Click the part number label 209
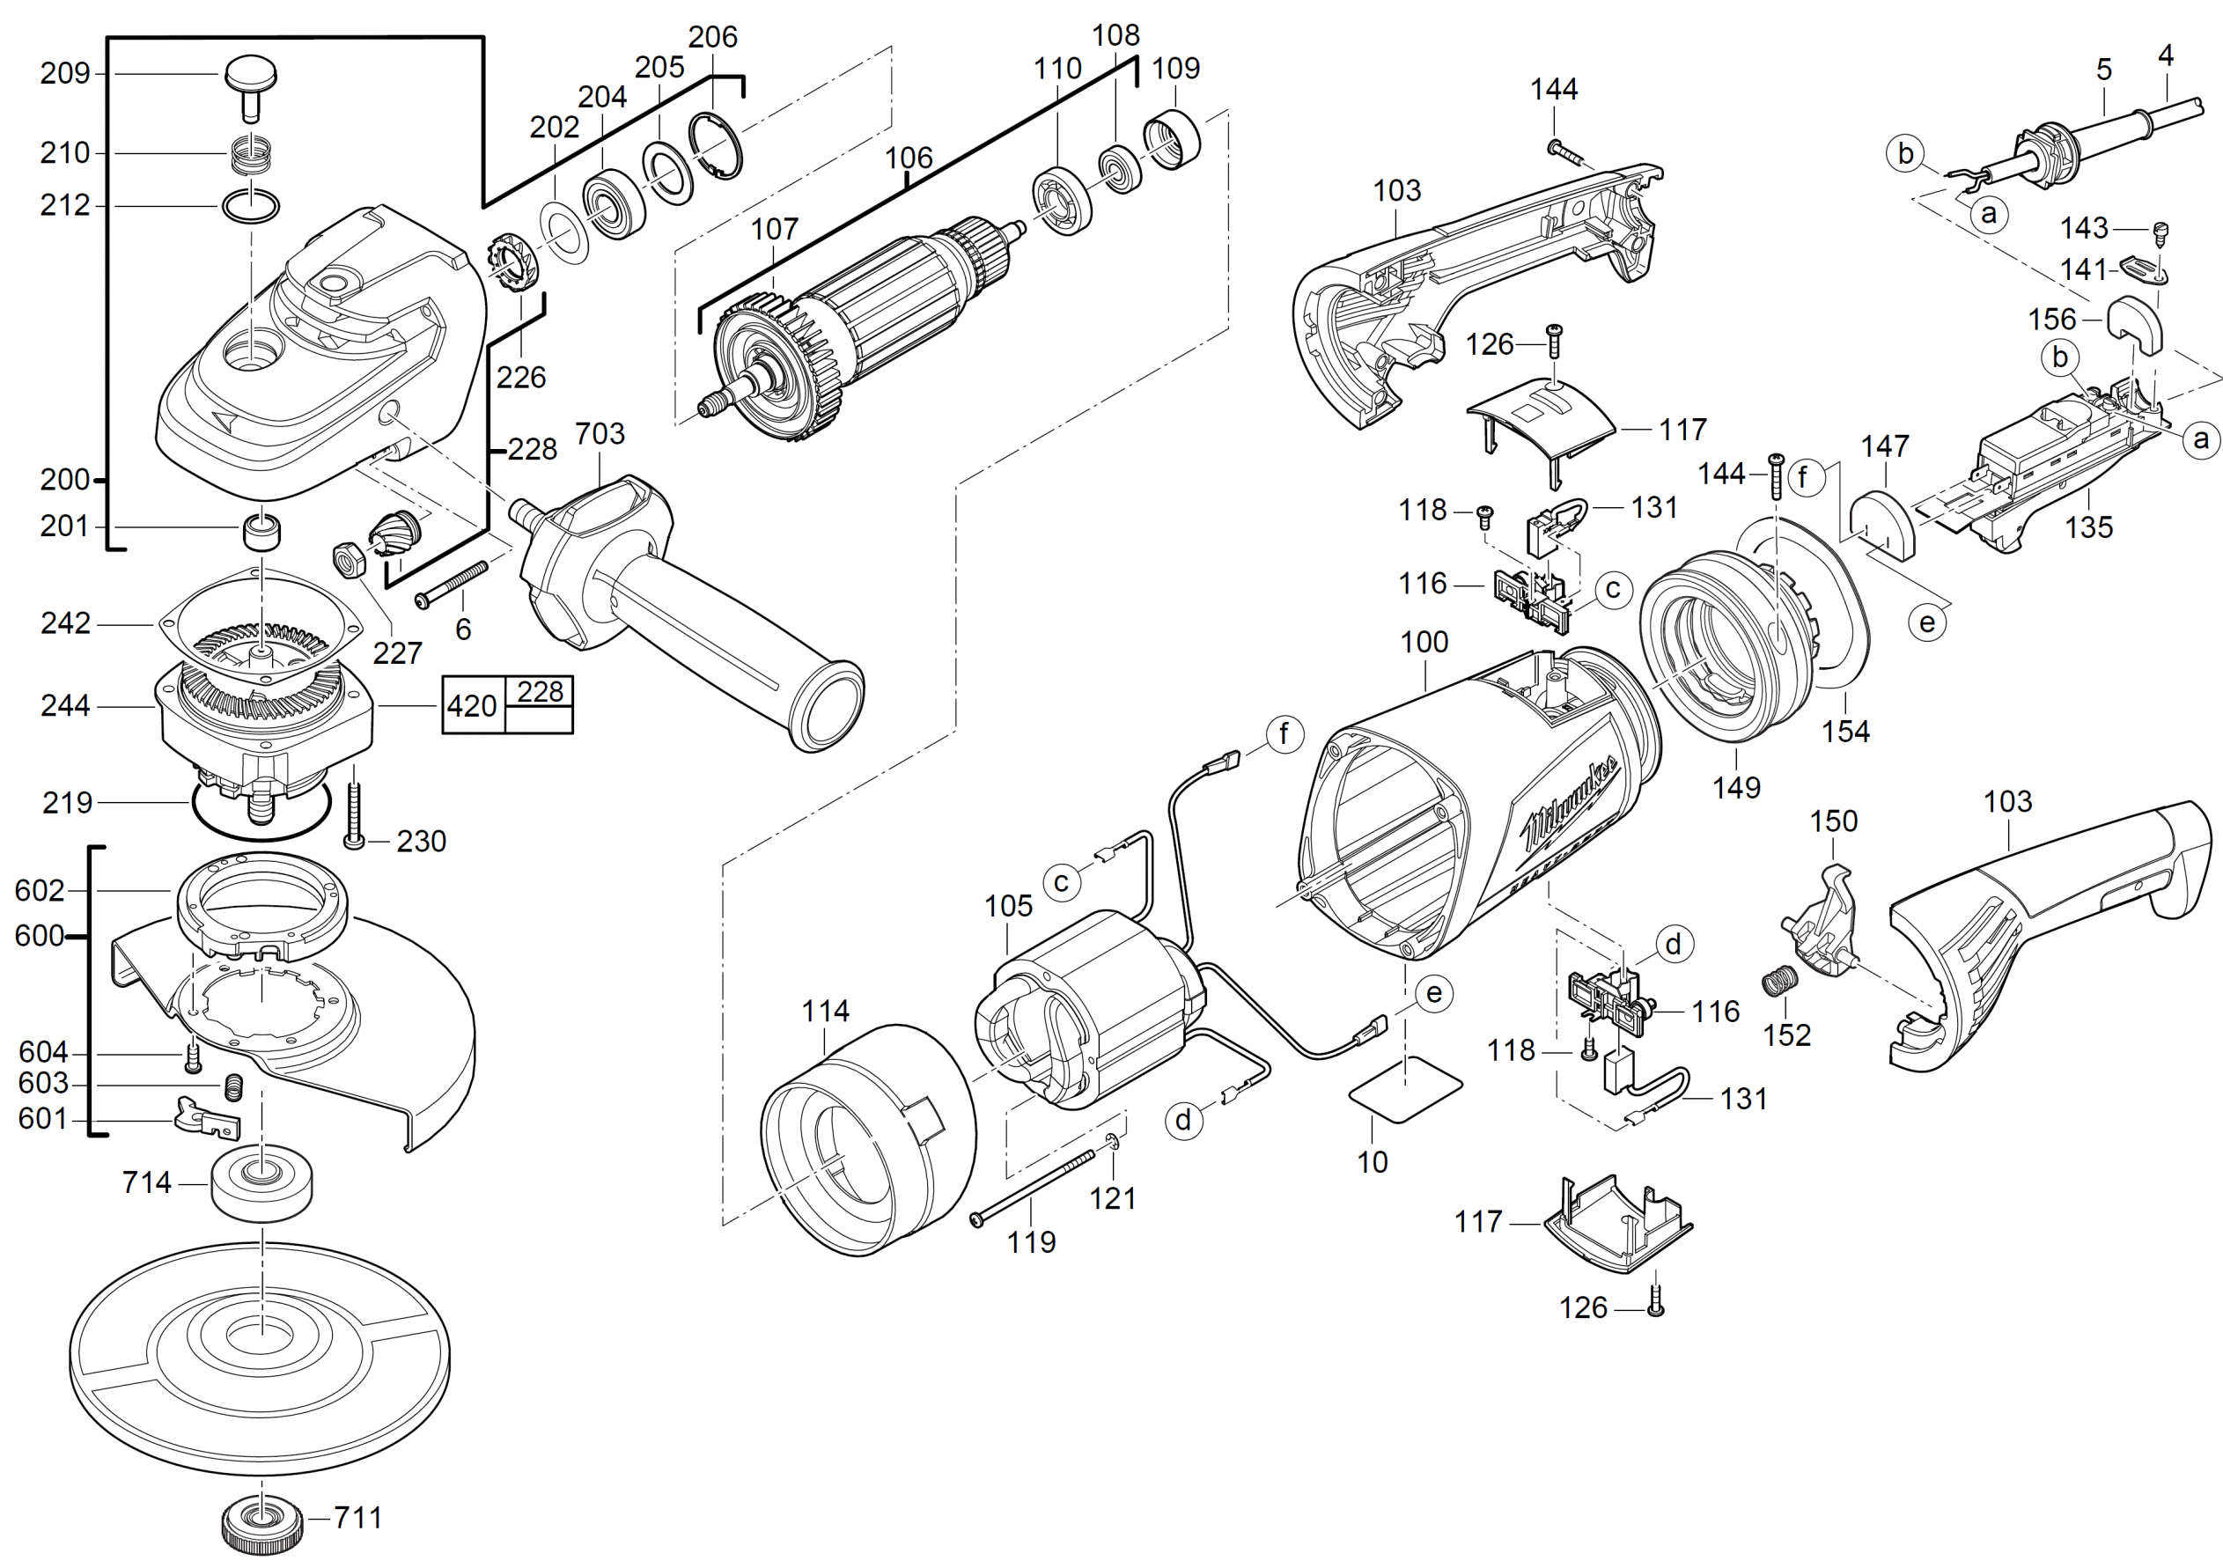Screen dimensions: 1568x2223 tap(64, 74)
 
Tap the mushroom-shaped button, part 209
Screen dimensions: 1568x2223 tap(251, 77)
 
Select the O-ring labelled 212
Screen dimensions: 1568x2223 tap(251, 206)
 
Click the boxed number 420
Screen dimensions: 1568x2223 tap(472, 706)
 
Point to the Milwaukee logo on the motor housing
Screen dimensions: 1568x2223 tap(1572, 802)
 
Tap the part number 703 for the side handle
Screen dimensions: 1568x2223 tap(600, 434)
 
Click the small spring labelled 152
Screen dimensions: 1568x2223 tap(1778, 982)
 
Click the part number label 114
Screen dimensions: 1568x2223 tap(825, 1011)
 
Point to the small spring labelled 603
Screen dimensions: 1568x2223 tap(233, 1086)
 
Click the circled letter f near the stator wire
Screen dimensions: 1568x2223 tap(1284, 733)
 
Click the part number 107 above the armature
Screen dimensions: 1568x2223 tap(775, 230)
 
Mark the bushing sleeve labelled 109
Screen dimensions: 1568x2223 tap(1172, 142)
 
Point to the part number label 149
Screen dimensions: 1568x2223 tap(1736, 787)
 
